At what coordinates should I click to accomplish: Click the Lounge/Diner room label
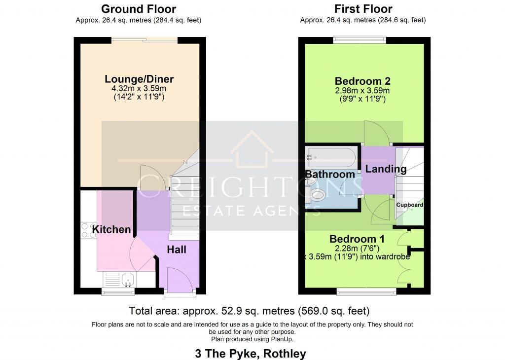[x=139, y=79]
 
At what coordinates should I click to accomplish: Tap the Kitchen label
[x=112, y=229]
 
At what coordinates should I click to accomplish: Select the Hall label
[x=176, y=250]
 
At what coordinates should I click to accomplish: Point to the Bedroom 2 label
[x=359, y=81]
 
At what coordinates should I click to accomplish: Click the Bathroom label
[x=330, y=174]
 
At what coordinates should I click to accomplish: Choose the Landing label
[x=386, y=169]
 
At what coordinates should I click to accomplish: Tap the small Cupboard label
[x=410, y=205]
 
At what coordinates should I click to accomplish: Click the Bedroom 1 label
[x=357, y=239]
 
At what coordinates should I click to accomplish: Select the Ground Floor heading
[x=139, y=9]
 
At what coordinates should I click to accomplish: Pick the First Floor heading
[x=363, y=9]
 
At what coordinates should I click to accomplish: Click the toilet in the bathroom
[x=316, y=194]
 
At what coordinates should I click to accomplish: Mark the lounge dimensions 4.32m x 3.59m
[x=139, y=89]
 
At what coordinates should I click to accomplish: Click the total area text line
[x=249, y=311]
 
